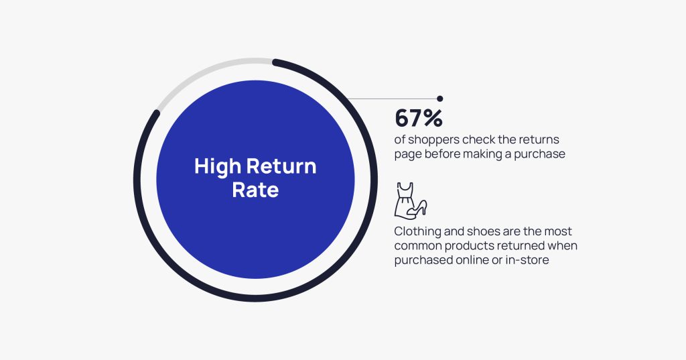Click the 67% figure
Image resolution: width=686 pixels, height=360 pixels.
pos(419,118)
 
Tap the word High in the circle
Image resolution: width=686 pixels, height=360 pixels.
pos(216,166)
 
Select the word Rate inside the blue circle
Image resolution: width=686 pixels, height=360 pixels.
pos(255,190)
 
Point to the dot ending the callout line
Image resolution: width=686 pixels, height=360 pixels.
pos(439,99)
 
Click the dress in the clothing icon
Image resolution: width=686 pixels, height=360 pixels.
pos(405,198)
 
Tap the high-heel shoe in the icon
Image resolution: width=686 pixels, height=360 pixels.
pos(419,208)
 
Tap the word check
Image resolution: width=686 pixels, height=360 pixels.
pos(486,139)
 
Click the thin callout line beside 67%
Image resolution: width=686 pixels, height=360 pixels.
pos(395,99)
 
